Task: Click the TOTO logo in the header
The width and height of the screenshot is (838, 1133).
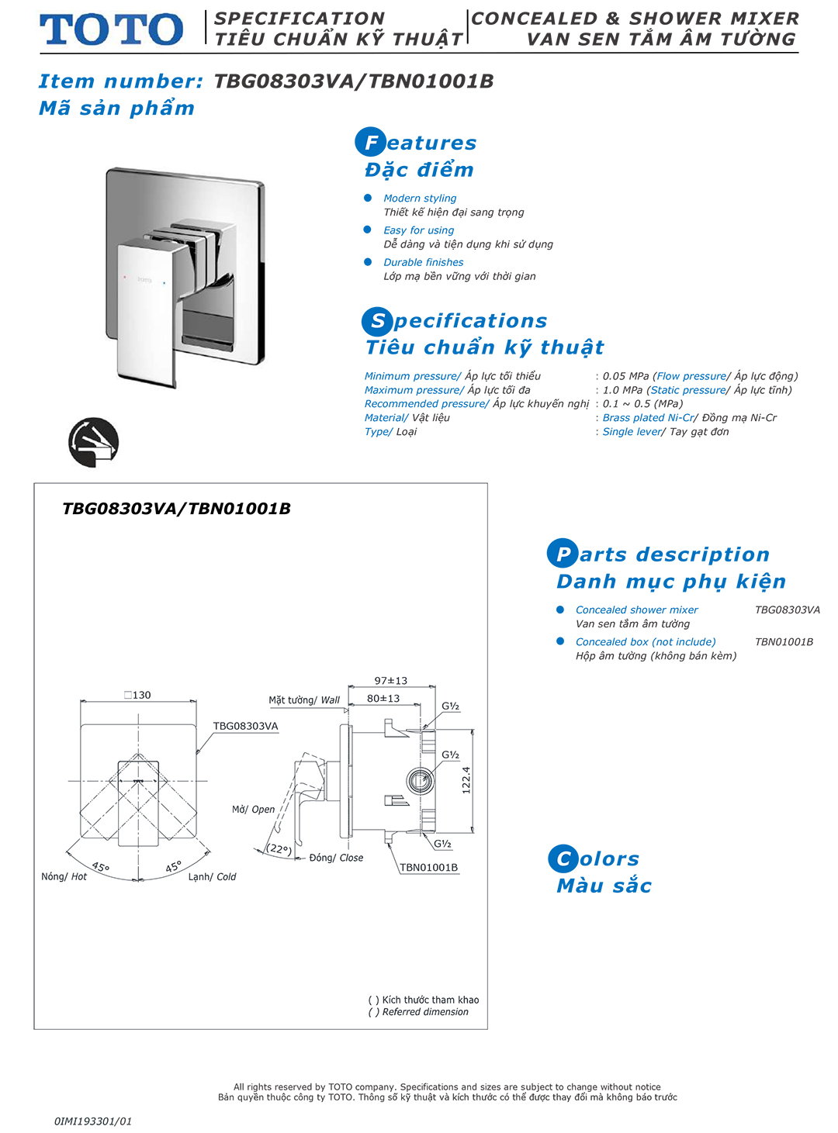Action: click(x=112, y=29)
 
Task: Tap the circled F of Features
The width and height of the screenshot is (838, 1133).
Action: click(x=371, y=142)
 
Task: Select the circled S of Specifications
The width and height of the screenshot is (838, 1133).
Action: click(x=377, y=321)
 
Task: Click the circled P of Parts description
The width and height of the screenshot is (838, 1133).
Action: click(x=563, y=554)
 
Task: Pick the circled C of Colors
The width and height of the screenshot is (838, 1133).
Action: click(x=563, y=858)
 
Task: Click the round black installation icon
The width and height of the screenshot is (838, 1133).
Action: click(x=93, y=443)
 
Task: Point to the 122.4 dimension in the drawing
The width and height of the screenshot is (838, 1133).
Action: click(x=466, y=779)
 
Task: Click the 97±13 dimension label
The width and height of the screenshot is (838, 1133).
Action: click(x=390, y=681)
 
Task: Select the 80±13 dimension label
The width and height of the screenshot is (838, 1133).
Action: click(x=383, y=698)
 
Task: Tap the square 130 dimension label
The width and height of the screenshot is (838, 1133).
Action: click(x=137, y=695)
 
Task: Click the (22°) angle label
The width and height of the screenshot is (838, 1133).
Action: click(x=279, y=848)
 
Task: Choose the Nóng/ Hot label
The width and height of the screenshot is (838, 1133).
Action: click(x=64, y=876)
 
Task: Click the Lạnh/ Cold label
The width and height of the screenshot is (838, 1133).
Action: click(x=212, y=876)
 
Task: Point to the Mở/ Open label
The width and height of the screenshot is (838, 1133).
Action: click(x=253, y=809)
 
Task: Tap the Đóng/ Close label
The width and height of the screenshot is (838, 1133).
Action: click(x=336, y=858)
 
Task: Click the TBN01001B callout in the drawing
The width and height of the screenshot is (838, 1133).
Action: click(x=428, y=867)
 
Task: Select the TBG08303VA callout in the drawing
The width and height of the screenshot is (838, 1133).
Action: click(x=245, y=726)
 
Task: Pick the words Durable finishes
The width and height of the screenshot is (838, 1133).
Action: click(x=423, y=262)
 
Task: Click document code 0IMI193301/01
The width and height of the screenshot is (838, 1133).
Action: click(x=93, y=1121)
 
